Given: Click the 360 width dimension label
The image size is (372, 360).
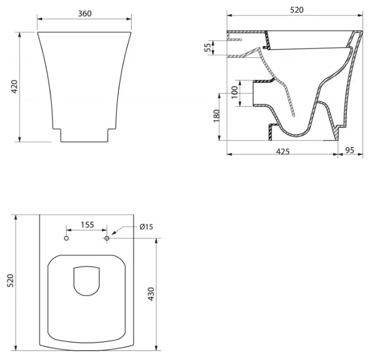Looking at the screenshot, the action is (x=85, y=13).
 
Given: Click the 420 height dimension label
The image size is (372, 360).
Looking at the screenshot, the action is (x=14, y=87).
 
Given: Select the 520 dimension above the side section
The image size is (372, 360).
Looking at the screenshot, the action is (x=297, y=10).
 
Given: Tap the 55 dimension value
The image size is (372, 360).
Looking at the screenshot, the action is (x=207, y=47).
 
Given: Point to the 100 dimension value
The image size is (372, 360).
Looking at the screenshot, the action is (x=235, y=92).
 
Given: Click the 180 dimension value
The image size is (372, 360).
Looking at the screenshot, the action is (x=217, y=116).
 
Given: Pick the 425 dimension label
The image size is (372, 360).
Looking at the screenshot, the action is (x=283, y=151).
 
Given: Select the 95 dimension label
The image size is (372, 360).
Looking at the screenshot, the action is (x=350, y=150).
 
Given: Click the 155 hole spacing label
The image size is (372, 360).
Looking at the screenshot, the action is (x=88, y=225).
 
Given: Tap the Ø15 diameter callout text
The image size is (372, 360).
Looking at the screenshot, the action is (x=146, y=227).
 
